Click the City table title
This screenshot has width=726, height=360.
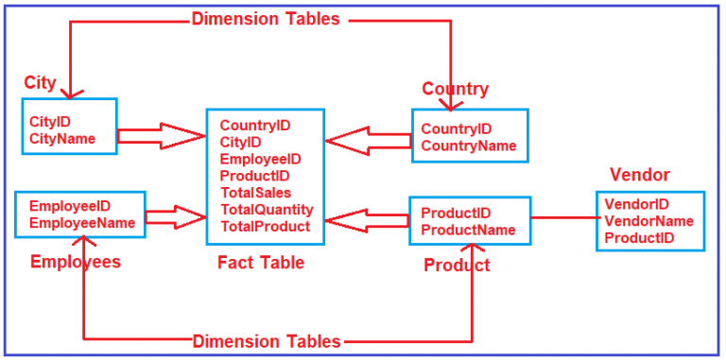point(40,83)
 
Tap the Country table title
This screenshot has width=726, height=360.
point(455,90)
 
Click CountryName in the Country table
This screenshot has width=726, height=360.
point(469,146)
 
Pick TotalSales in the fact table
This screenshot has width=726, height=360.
point(254,193)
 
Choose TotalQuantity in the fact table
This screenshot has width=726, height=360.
point(267,210)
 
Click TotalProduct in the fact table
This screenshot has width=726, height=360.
point(265,227)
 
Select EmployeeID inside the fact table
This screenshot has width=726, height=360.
point(260,159)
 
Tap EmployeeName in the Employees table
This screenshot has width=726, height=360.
point(81,223)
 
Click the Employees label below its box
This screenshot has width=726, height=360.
point(76,263)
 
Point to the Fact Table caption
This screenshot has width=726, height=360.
point(261,264)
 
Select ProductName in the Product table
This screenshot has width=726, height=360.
point(468,230)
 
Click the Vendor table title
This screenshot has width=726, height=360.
point(640,175)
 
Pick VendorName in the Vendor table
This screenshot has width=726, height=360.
point(648,221)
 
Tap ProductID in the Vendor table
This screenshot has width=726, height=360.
point(639,238)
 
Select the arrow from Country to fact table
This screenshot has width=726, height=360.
point(369,142)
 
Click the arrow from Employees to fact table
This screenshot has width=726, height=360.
point(176,217)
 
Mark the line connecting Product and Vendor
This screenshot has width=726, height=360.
point(563,218)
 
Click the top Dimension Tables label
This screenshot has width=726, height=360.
point(265,18)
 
